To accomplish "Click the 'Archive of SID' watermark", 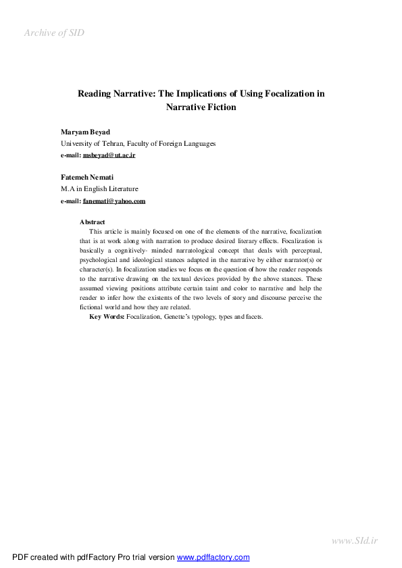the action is click(x=54, y=32).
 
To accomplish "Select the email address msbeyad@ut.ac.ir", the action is click(x=109, y=155).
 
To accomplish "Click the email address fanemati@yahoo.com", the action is click(x=114, y=201).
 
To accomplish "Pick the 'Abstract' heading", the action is click(x=93, y=222).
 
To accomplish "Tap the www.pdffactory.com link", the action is click(x=213, y=557).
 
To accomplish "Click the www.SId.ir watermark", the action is click(x=355, y=540).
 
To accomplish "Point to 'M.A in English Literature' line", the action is click(x=99, y=190).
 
